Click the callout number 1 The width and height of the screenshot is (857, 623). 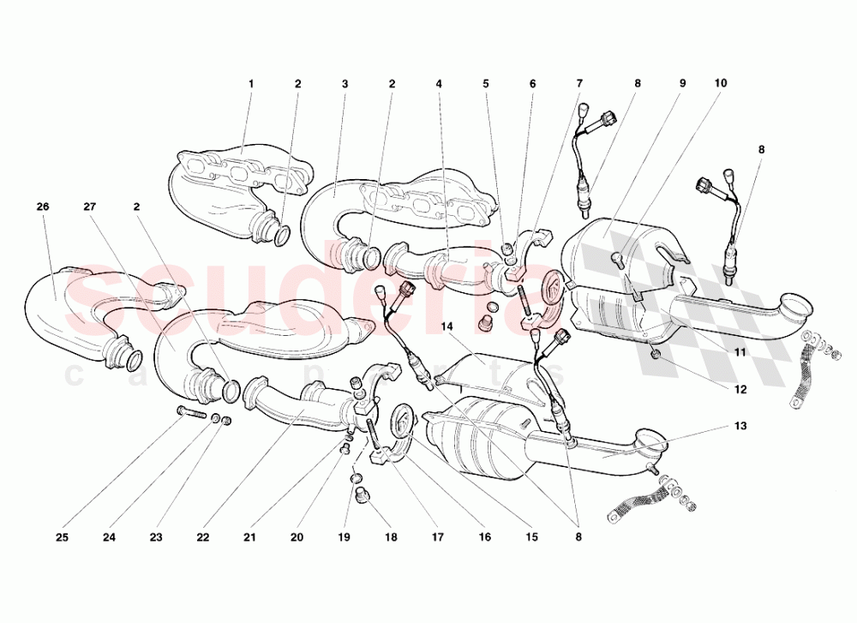[x=251, y=84]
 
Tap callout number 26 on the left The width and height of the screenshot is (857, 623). [x=43, y=207]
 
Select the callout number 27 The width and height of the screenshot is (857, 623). [x=89, y=207]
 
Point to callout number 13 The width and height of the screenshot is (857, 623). [x=740, y=426]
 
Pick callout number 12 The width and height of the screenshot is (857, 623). [x=740, y=388]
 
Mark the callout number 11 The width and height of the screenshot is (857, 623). [x=740, y=351]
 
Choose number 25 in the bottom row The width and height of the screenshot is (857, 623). [x=63, y=538]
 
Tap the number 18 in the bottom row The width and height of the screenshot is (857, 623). [x=391, y=538]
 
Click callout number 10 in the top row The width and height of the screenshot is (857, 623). [x=720, y=84]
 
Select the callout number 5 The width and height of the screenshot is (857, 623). [x=486, y=84]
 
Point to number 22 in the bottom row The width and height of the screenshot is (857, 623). [x=202, y=538]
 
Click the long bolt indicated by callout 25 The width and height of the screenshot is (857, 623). [x=190, y=415]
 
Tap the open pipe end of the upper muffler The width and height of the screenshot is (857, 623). [x=798, y=305]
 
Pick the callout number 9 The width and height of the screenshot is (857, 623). [x=683, y=84]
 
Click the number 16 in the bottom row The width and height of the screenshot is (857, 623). [x=485, y=538]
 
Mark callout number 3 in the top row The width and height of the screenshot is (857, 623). [x=345, y=84]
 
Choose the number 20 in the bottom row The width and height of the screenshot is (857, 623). [x=297, y=538]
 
